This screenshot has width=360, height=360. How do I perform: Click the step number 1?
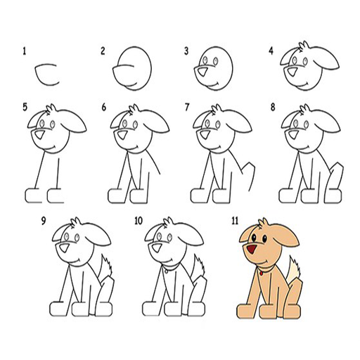pos(24,51)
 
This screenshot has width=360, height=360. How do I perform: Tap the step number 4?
pos(271,51)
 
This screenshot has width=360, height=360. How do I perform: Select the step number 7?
pos(187,108)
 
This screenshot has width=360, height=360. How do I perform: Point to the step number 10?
pos(139,221)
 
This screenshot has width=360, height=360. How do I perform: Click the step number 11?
pos(235,221)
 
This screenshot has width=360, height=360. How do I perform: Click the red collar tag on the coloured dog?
pos(261,273)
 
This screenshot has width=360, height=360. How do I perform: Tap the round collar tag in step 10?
pos(166,271)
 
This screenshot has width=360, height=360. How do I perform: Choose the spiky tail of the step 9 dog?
pos(106,268)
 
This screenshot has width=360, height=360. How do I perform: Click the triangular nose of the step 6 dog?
pos(122,135)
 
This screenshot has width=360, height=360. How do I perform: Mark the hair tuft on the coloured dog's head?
pos(263,222)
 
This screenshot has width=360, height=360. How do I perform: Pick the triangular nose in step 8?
pos(292,135)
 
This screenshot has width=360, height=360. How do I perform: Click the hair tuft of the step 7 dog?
pos(217,109)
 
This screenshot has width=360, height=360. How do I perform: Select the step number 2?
pos(103,51)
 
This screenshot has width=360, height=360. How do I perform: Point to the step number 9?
pos(44,221)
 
